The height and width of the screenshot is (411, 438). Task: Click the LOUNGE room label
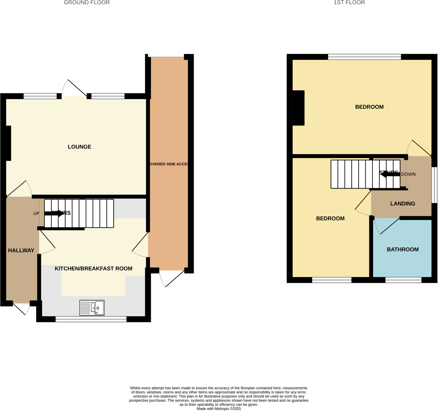pos(79,147)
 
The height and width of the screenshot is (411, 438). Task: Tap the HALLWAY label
pos(21,250)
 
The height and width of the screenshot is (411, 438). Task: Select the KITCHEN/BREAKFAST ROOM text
pos(93,268)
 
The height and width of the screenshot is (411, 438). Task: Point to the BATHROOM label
pos(403,249)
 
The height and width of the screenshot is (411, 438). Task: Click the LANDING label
pos(403,204)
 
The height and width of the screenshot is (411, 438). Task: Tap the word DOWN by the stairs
pos(408,174)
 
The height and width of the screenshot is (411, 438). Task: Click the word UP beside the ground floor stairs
pos(36,213)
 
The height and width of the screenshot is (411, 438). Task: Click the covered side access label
pos(169,164)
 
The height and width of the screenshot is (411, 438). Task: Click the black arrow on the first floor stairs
pos(390,174)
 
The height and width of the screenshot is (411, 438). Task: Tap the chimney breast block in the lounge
pos(8,143)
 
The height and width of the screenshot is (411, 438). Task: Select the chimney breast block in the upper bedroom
pos(299,108)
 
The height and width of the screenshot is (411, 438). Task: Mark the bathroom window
pos(403,280)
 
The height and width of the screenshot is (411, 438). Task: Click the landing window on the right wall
pos(434,185)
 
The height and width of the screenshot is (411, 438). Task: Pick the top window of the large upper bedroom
pos(364,57)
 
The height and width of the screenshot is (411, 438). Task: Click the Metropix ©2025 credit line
pos(219,409)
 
